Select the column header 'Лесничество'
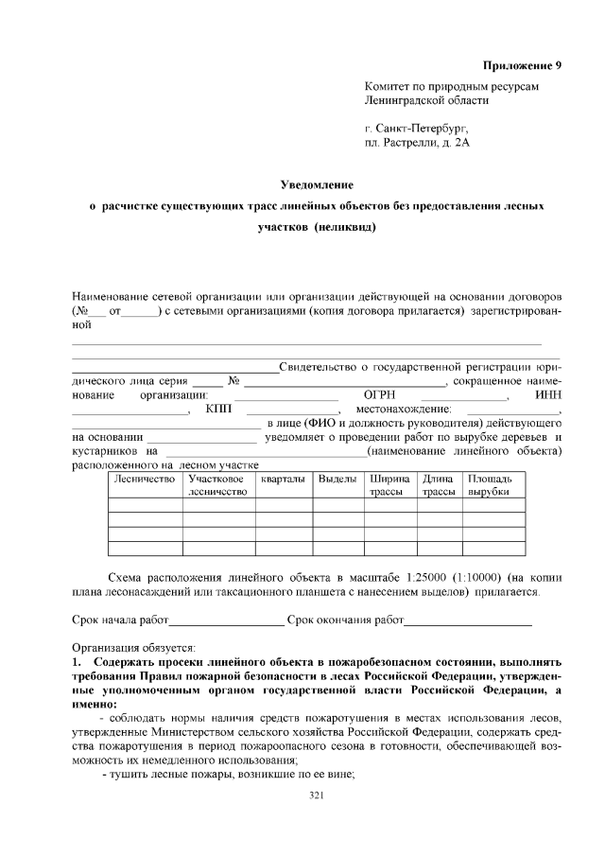pyautogui.click(x=145, y=480)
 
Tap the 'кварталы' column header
pyautogui.click(x=284, y=480)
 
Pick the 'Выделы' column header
pyautogui.click(x=337, y=480)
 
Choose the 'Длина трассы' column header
pyautogui.click(x=439, y=485)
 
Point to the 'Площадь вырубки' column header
pyautogui.click(x=492, y=485)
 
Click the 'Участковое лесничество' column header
pyautogui.click(x=216, y=485)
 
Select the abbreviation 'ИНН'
pyautogui.click(x=548, y=394)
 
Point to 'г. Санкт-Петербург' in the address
pyautogui.click(x=416, y=127)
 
